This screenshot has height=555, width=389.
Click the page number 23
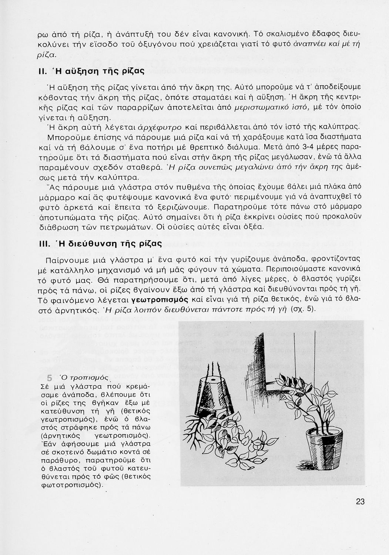(x=360, y=502)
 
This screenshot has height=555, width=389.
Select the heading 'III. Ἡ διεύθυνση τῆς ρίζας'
(x=100, y=244)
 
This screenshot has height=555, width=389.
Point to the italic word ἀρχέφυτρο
(x=160, y=128)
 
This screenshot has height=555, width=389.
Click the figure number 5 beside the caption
(x=50, y=378)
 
